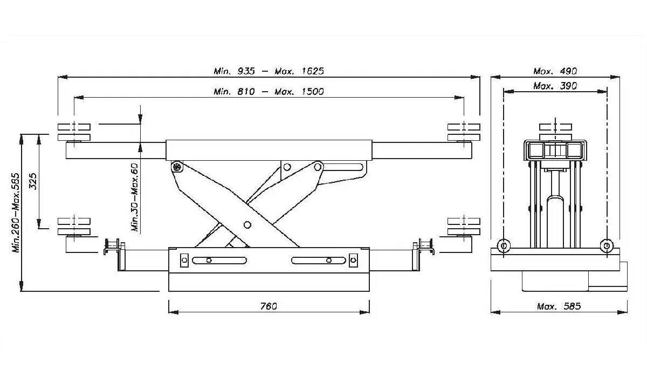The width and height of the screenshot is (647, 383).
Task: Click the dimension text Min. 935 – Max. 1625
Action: (x=269, y=71)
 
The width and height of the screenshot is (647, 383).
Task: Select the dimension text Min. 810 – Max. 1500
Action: (x=269, y=92)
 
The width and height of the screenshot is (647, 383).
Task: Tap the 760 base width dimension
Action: (x=268, y=306)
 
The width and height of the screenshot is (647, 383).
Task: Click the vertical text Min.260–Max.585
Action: (x=16, y=213)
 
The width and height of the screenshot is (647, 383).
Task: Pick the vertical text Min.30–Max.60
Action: (x=135, y=197)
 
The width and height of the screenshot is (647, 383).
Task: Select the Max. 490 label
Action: (x=555, y=71)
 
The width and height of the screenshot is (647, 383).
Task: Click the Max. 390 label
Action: (x=555, y=86)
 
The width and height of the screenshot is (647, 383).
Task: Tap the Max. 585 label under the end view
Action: (x=559, y=306)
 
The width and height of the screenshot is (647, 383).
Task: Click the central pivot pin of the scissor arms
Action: (x=247, y=224)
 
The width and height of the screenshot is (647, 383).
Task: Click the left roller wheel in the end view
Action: (x=503, y=246)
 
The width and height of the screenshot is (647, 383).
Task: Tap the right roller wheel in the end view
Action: (x=607, y=246)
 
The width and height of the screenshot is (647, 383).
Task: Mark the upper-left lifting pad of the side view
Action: (x=73, y=132)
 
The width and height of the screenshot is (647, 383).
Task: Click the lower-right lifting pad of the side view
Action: (x=463, y=226)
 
